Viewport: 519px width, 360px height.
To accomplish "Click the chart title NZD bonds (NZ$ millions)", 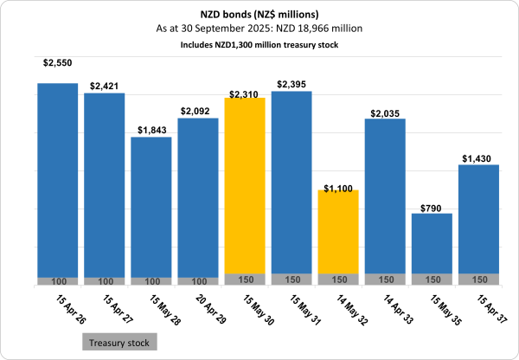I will (x=259, y=16).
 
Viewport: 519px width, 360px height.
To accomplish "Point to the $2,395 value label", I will (x=291, y=84).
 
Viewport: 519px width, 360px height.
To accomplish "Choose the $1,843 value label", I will (x=151, y=130).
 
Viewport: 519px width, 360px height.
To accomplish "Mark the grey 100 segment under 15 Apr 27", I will (x=104, y=281).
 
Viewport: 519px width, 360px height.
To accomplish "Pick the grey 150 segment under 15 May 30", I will (x=244, y=280).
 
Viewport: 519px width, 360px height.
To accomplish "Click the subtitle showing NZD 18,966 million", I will (x=259, y=29).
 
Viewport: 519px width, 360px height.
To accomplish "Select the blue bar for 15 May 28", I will (x=151, y=208).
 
